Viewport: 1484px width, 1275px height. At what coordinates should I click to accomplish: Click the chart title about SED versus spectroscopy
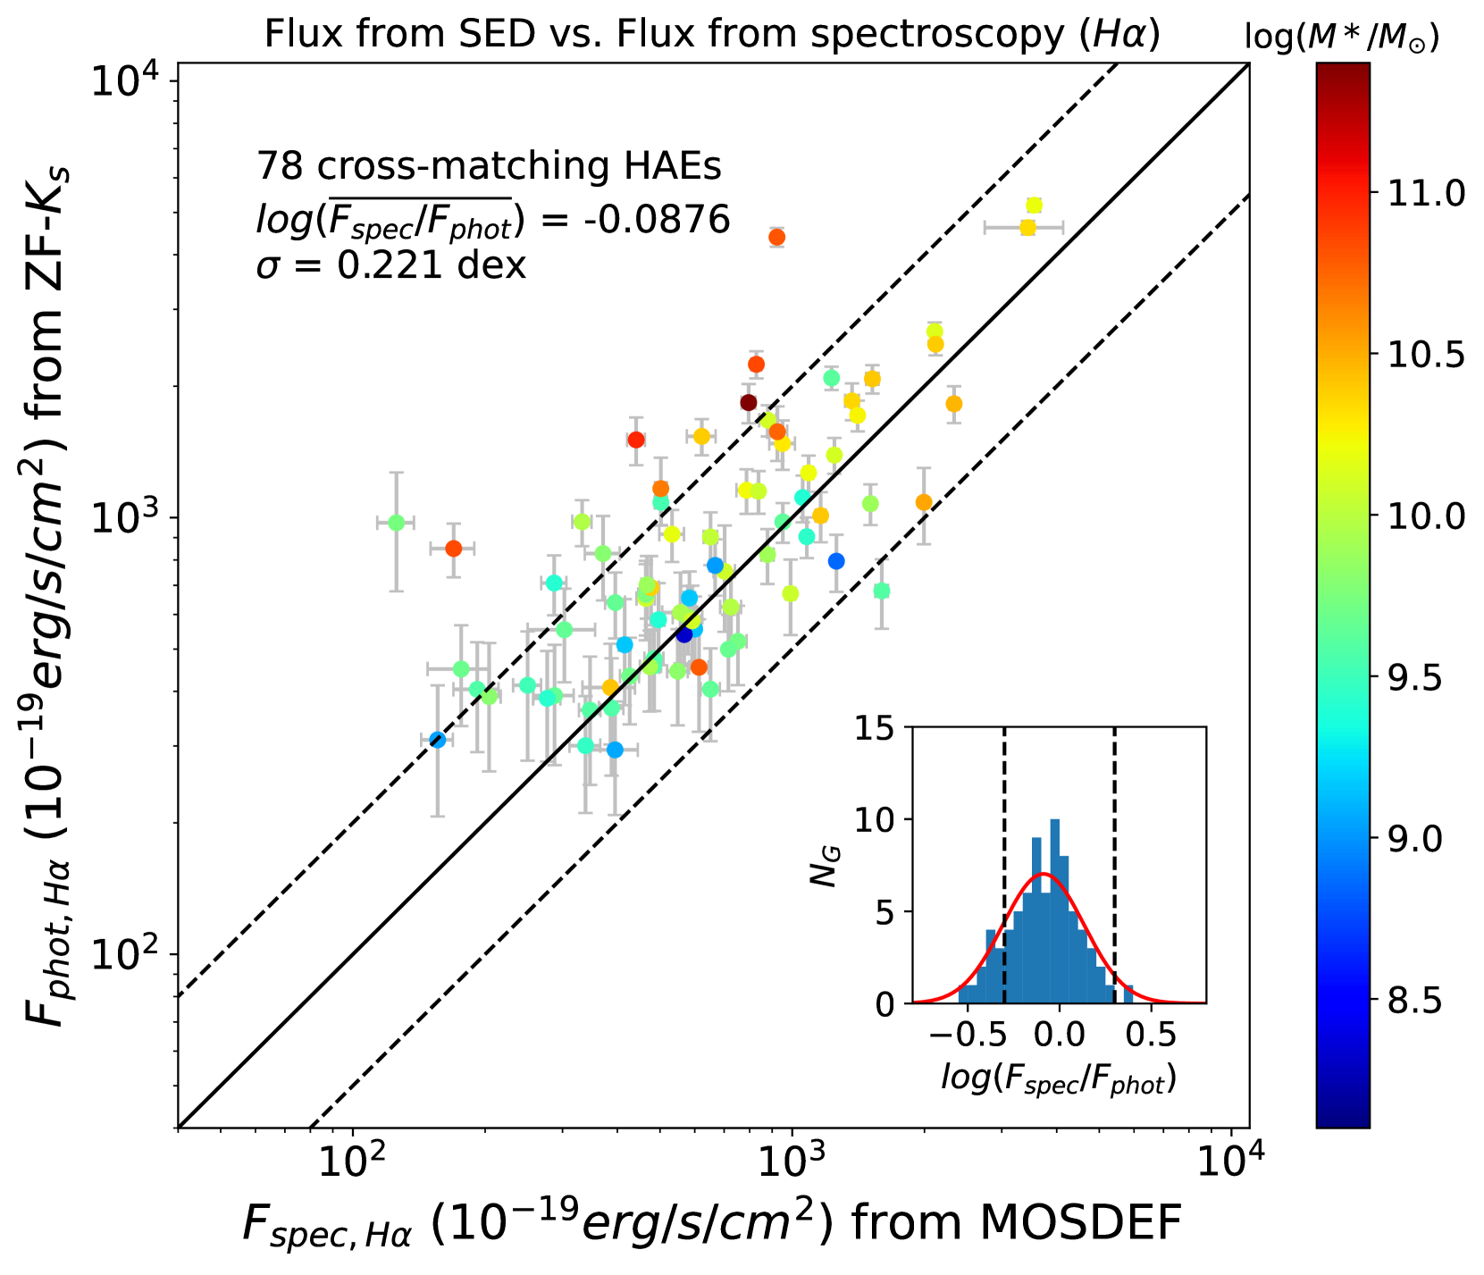(x=712, y=34)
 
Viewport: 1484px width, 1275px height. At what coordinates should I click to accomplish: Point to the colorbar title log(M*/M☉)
(x=1341, y=38)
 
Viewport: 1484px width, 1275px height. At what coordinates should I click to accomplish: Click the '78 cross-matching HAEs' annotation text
(x=489, y=167)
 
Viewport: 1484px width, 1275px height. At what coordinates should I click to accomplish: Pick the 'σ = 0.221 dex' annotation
(x=391, y=265)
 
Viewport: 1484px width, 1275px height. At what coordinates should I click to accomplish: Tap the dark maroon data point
(x=749, y=403)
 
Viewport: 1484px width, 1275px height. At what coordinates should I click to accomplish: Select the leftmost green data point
(x=397, y=523)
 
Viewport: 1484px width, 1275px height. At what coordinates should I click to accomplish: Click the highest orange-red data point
(x=777, y=238)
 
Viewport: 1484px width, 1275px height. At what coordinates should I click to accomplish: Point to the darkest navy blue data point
(x=684, y=634)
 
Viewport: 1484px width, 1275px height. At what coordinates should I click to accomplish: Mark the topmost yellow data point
(x=1035, y=206)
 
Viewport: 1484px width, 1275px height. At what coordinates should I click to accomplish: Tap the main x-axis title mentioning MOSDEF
(x=712, y=1222)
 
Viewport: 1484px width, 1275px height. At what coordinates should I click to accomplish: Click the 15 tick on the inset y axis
(x=877, y=728)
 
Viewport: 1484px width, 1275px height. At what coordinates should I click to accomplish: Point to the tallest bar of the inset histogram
(x=1056, y=911)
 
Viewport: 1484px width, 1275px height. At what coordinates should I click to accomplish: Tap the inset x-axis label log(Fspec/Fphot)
(x=1059, y=1078)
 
